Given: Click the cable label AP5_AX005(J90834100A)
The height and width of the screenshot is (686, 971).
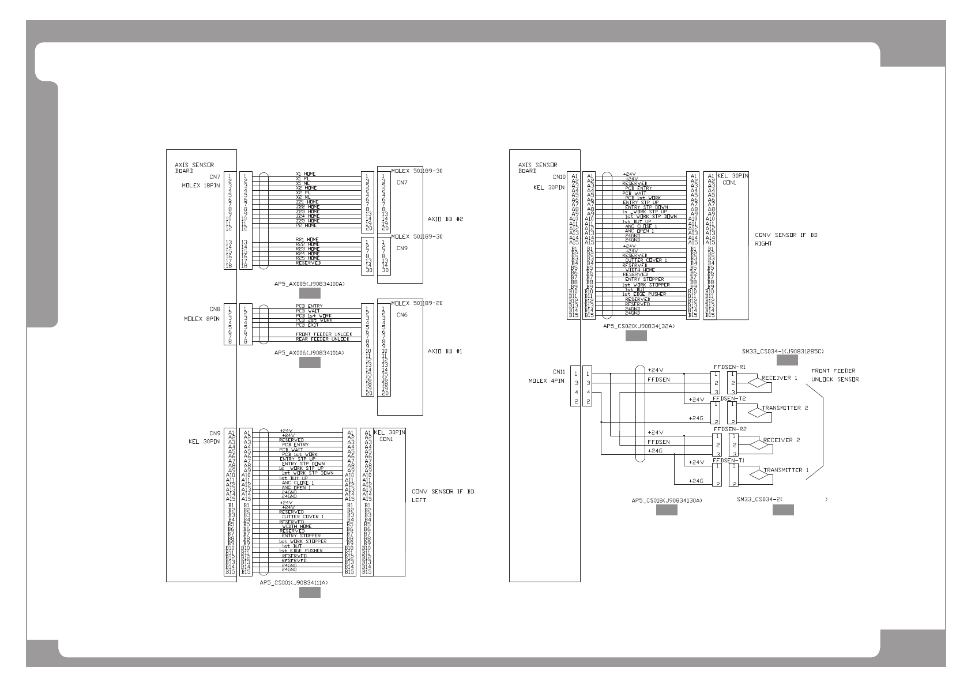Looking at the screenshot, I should coord(310,284).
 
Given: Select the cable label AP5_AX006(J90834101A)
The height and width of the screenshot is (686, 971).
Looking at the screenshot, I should coord(309,352).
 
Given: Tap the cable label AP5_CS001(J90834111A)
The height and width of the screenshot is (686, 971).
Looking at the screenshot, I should coord(293,583).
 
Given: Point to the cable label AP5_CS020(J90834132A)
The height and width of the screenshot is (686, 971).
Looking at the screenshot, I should coord(638,326).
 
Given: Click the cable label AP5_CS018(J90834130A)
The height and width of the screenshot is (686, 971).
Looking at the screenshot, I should coord(667,500).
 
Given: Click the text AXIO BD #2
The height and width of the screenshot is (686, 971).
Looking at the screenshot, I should coord(446,219).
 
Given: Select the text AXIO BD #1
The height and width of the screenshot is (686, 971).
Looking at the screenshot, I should coord(446,351).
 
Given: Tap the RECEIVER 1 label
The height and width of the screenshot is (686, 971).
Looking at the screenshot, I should coord(780,378).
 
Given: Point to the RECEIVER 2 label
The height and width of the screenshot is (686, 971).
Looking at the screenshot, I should coord(781,440).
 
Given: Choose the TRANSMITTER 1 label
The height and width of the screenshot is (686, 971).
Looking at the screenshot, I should coord(786,470).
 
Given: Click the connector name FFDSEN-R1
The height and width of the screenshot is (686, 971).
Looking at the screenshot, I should coord(729,367).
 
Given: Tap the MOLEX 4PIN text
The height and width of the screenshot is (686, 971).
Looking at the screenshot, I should coord(546,380).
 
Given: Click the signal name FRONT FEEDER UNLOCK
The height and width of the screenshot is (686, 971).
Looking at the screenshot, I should coord(324,334).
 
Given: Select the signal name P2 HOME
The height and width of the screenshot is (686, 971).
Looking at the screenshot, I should coord(307,225).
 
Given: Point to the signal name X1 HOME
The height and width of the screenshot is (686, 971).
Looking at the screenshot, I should coord(306,174).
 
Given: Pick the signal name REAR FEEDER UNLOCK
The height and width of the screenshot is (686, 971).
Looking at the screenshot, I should coord(322,339).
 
